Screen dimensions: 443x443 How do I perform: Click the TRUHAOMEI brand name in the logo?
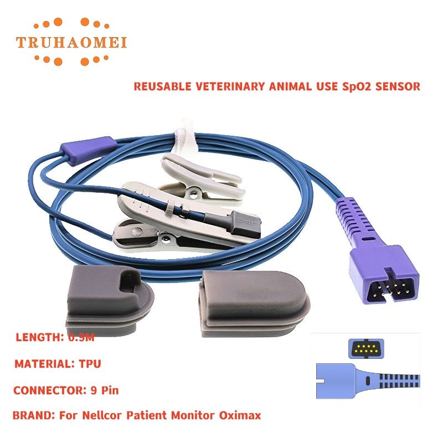pyautogui.click(x=71, y=43)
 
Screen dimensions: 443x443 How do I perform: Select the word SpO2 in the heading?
pyautogui.click(x=356, y=86)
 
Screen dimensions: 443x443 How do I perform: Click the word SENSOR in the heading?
pyautogui.click(x=398, y=86)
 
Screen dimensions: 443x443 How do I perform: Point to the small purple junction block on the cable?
pyautogui.click(x=89, y=150)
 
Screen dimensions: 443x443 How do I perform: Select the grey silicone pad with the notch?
pyautogui.click(x=110, y=300)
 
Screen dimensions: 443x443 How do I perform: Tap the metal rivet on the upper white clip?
pyautogui.click(x=193, y=193)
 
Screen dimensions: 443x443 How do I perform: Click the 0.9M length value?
pyautogui.click(x=81, y=337)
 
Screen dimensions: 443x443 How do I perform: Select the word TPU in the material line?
pyautogui.click(x=90, y=364)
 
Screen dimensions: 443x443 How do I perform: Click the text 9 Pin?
pyautogui.click(x=105, y=390)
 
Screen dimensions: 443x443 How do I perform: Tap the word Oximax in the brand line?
pyautogui.click(x=240, y=415)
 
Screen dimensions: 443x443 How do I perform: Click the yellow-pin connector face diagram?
pyautogui.click(x=366, y=348)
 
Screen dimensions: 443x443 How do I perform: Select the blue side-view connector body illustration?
pyautogui.click(x=368, y=380)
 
